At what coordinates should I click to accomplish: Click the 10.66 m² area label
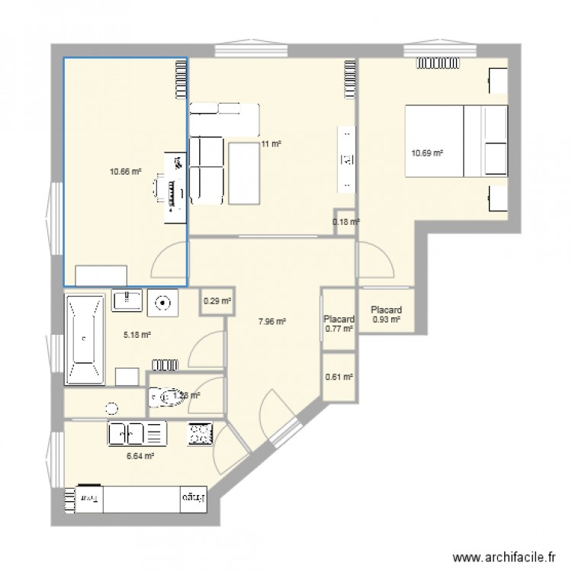pos(125,172)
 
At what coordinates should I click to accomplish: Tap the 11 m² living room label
pos(271,143)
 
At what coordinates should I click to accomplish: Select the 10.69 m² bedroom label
pos(427,153)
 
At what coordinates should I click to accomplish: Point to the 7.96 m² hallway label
pos(272,322)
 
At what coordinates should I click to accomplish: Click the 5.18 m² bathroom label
pos(137,334)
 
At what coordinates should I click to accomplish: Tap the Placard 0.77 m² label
pos(339,324)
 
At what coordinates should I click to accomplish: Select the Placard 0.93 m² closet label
pos(386,315)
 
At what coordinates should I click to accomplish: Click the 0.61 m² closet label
pos(339,377)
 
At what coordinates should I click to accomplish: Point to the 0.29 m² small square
pos(217,300)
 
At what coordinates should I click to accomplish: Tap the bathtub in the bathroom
pos(84,339)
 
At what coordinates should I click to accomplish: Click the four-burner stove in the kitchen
pos(200,434)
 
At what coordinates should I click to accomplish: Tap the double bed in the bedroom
pos(456,143)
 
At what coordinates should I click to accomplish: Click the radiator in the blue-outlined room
pos(181,80)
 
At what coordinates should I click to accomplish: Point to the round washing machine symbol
pos(162,302)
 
